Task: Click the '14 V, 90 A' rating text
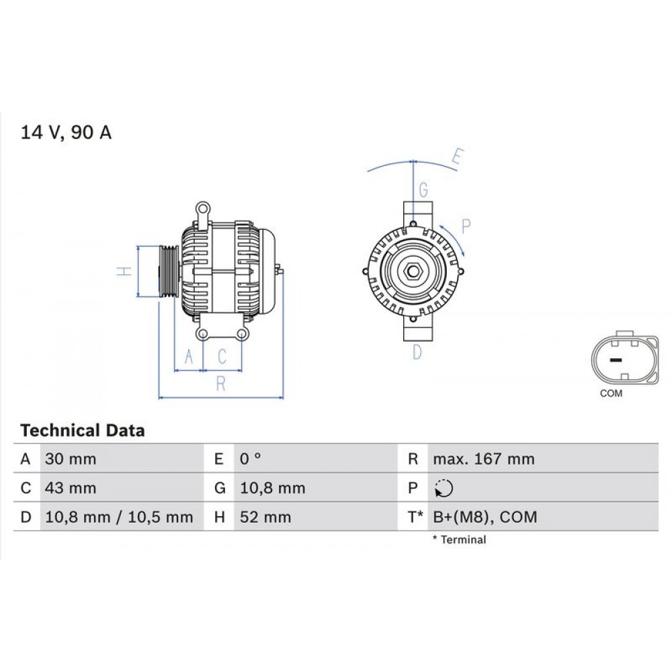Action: [x=66, y=132]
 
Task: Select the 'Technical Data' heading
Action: [x=82, y=430]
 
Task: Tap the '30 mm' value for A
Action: [x=70, y=460]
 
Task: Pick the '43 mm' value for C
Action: [x=70, y=489]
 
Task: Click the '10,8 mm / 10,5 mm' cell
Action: [x=119, y=517]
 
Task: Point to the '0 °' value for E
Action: [x=251, y=460]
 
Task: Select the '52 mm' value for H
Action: [x=265, y=517]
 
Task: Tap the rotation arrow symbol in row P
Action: [x=444, y=489]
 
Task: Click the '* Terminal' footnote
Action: [x=459, y=540]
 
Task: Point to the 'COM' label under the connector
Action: [x=611, y=394]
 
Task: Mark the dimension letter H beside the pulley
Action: [x=122, y=271]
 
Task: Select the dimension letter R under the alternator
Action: [x=220, y=384]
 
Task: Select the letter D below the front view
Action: [x=417, y=351]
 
